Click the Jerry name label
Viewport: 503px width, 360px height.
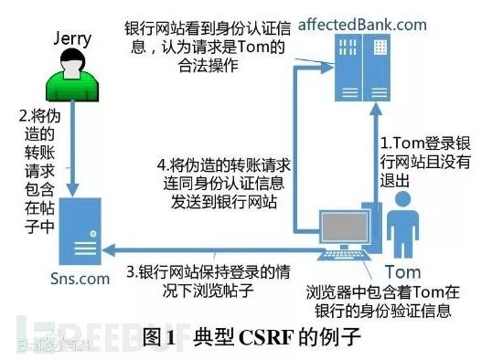pos(74,37)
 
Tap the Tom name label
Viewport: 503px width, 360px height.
pos(402,272)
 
